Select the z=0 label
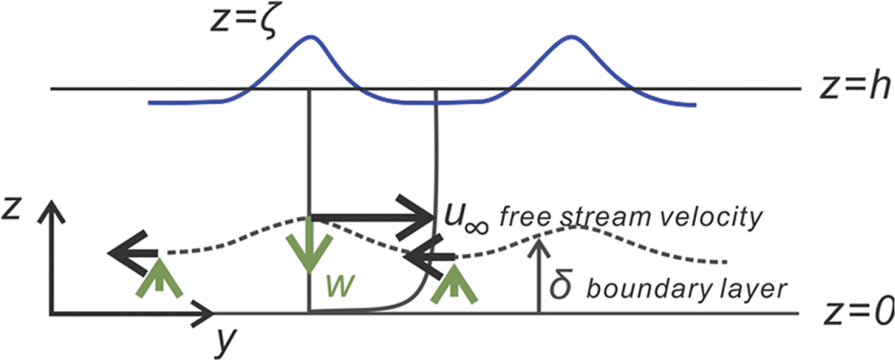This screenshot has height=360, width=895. pos(858,312)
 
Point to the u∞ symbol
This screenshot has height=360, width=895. pos(463,218)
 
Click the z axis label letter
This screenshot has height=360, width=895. pos(12,209)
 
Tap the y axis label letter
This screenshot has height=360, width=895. pos(225,340)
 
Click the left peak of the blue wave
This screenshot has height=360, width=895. pos(310,37)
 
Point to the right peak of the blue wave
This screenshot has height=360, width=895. pos(570,37)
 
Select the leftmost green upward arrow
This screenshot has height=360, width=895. pos(159,277)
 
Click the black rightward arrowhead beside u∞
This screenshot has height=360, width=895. pos(423,217)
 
